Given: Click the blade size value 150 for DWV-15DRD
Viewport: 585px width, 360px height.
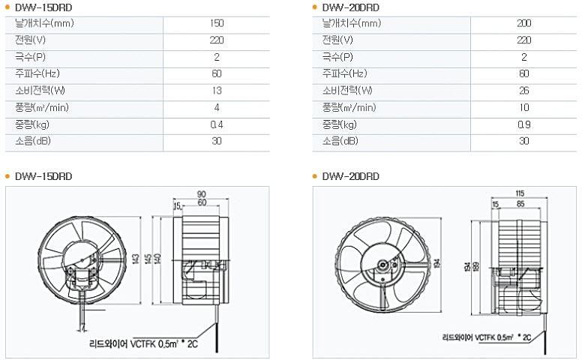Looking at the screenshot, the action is [x=217, y=23].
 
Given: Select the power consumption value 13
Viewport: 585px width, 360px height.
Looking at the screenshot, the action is [x=217, y=91].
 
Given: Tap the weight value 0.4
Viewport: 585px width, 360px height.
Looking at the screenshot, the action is [x=217, y=124].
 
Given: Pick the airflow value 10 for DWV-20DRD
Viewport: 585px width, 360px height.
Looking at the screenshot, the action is [x=524, y=107].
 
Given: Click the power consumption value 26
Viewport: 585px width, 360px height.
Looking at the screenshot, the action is [x=524, y=91].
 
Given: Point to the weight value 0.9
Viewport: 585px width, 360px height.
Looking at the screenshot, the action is [x=524, y=124].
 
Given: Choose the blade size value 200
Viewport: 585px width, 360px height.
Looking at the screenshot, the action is [x=524, y=23].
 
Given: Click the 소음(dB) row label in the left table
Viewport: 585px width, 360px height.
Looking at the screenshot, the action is [x=33, y=141].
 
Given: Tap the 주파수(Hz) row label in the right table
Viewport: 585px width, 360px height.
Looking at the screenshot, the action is [x=344, y=73].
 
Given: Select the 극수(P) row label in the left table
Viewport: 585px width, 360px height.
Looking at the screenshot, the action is [x=30, y=57].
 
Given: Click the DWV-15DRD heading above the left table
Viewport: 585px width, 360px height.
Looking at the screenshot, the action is [x=43, y=7].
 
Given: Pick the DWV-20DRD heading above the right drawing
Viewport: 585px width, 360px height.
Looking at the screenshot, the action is [x=351, y=176].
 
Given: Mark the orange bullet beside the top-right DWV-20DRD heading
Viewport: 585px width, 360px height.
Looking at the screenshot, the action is [x=314, y=7].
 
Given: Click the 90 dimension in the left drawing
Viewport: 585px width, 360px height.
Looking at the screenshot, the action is [x=202, y=194].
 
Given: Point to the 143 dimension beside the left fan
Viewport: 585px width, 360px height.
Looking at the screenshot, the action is [x=136, y=259].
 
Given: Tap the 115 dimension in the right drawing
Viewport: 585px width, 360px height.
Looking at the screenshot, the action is [x=520, y=193].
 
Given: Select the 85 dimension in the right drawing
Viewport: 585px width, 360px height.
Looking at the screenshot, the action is [x=520, y=204].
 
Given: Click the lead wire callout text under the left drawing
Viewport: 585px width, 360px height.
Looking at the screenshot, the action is [x=144, y=343].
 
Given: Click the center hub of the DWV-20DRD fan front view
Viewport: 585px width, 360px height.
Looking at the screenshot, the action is [x=382, y=265].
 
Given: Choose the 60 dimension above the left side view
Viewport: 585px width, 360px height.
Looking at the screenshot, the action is [x=202, y=202].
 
